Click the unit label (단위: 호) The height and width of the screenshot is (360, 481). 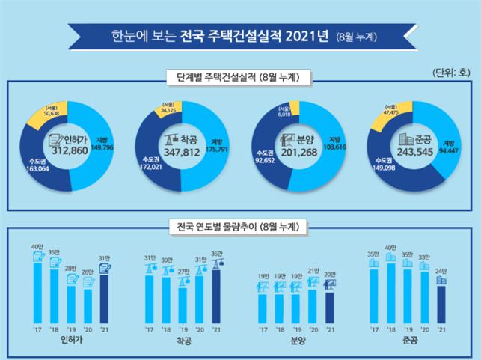coord(452,73)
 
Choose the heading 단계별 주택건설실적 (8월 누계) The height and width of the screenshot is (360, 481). coord(239,77)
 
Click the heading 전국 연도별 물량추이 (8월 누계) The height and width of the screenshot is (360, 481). coord(239,225)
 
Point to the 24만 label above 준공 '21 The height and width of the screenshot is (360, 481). coord(441,271)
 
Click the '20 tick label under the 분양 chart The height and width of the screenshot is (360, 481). coord(315,329)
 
